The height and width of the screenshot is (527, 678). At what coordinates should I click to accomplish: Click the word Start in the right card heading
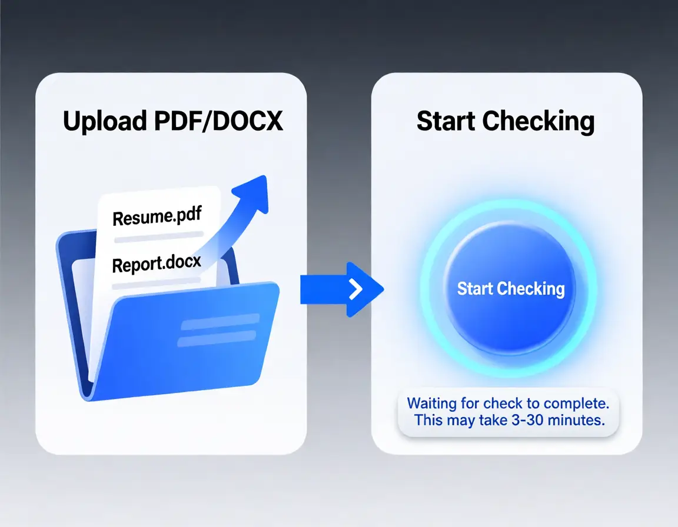coord(446,121)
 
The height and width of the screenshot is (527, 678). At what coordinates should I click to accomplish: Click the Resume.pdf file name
coord(157,218)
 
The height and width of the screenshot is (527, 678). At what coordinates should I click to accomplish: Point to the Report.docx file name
coord(157,264)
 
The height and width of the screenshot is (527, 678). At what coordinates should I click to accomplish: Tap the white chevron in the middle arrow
coord(355,289)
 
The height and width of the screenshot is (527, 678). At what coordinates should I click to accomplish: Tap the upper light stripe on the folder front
coord(220,322)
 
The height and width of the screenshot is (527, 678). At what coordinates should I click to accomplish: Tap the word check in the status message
coord(501,403)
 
